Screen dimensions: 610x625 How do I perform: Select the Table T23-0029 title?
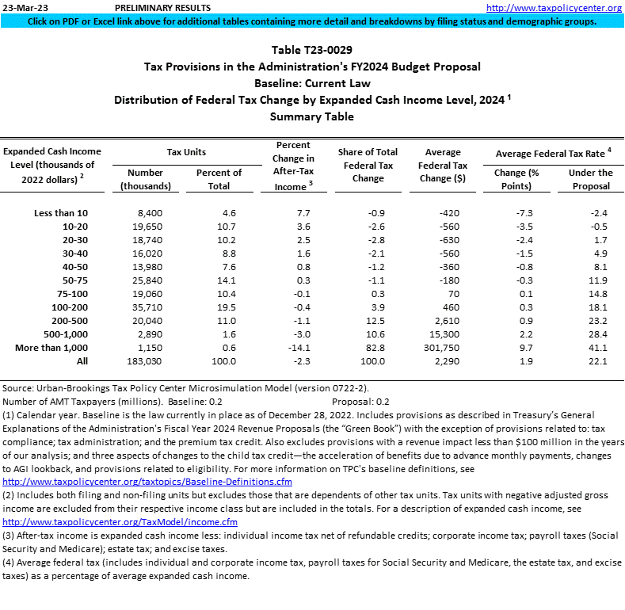pos(312,50)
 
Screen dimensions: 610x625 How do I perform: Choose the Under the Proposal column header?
pos(590,178)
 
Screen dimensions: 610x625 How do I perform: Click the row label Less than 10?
pos(61,213)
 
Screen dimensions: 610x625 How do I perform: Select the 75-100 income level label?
pos(72,294)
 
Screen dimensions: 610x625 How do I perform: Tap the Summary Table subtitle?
pos(312,116)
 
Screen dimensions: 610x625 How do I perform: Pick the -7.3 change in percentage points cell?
pos(519,213)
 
